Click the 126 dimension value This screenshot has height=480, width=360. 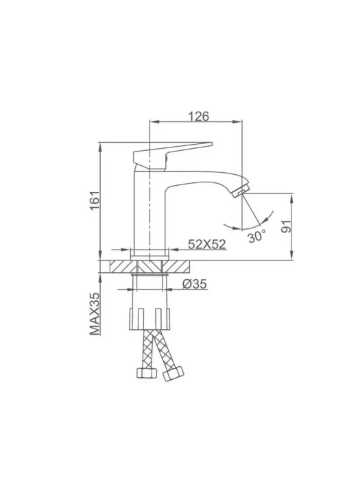[x=198, y=117]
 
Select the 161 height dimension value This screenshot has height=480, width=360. [x=95, y=200]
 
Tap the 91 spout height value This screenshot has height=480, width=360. [x=287, y=226]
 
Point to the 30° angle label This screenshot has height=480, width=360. [x=256, y=237]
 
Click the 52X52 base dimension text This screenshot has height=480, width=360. [x=206, y=244]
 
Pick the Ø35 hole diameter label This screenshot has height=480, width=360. [x=195, y=284]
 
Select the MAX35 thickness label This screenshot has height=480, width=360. [x=95, y=314]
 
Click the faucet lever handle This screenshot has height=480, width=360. [x=171, y=156]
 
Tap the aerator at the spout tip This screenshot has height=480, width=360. [x=241, y=191]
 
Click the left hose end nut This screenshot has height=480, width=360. [x=146, y=372]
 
